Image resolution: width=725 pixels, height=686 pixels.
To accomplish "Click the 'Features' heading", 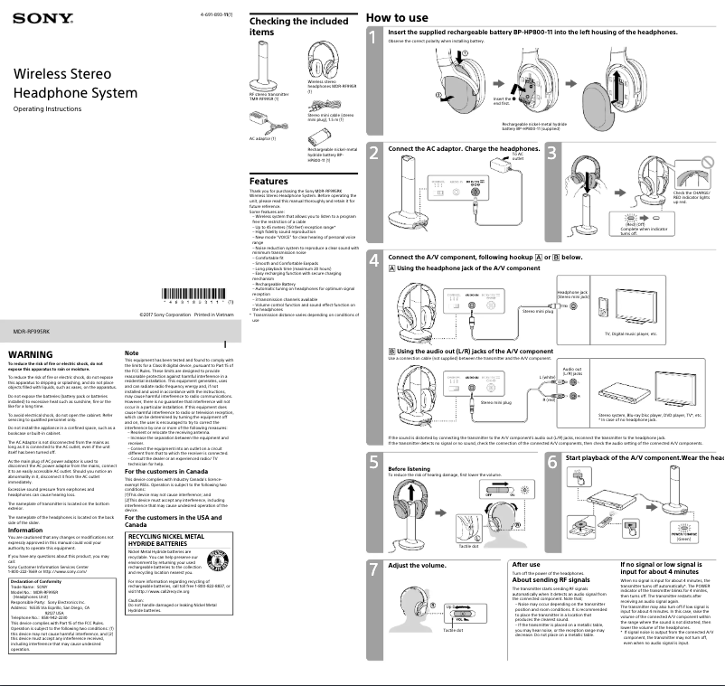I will coord(268,181).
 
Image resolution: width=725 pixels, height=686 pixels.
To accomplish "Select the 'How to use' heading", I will coord(397,17).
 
